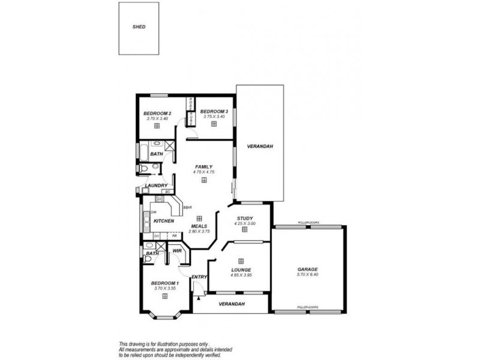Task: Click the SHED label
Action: click(139, 27)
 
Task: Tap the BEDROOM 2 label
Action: click(157, 113)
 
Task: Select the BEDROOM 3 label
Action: click(214, 111)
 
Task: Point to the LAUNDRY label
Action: click(156, 186)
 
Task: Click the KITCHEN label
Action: click(164, 221)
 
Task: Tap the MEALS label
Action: click(199, 226)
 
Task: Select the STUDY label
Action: click(244, 218)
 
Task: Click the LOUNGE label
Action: click(241, 271)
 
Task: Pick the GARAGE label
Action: click(307, 269)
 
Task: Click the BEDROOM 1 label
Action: click(164, 283)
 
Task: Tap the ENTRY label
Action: click(199, 277)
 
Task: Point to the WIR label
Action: click(177, 251)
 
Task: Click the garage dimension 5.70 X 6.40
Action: click(307, 275)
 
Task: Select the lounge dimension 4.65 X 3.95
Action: click(241, 275)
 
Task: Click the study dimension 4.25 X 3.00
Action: click(244, 224)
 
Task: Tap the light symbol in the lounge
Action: click(241, 260)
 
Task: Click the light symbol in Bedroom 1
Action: click(164, 296)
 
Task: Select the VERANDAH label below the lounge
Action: click(231, 304)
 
